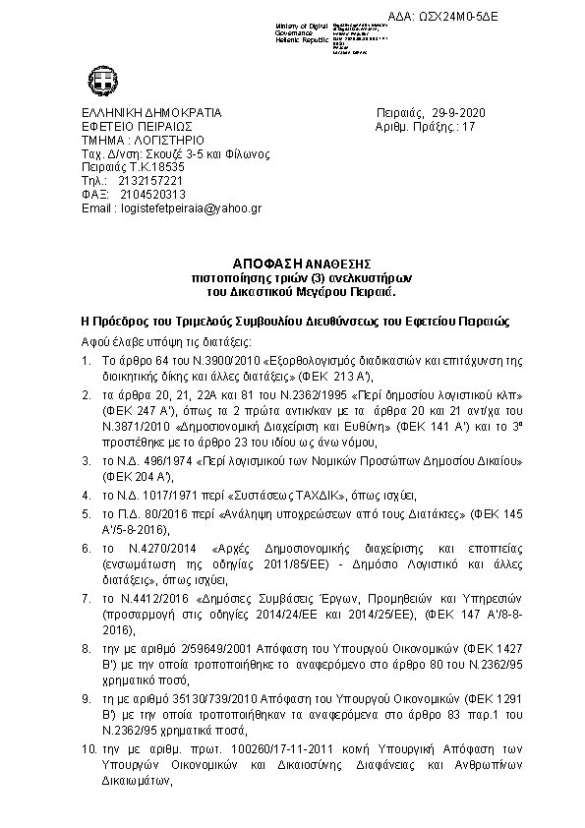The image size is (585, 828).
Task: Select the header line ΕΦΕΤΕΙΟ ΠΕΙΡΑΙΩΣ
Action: click(137, 127)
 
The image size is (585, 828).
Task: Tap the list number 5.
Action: click(86, 512)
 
